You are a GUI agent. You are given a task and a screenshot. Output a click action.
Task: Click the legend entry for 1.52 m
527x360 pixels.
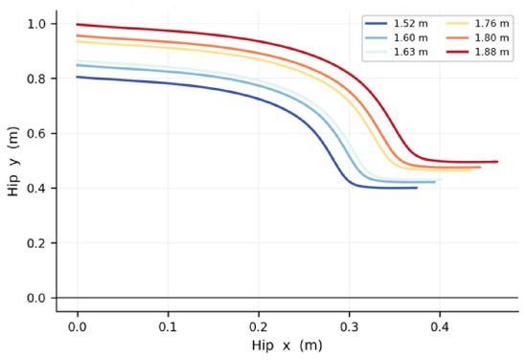pos(397,24)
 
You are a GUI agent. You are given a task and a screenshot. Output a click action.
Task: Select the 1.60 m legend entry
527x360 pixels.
pos(397,37)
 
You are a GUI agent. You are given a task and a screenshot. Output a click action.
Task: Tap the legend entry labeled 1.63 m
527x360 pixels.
pos(397,52)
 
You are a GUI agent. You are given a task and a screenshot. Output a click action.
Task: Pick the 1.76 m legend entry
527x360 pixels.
pos(477,24)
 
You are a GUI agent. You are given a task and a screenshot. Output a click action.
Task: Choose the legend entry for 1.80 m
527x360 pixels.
pos(477,37)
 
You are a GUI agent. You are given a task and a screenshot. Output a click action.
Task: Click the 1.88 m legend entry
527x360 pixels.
pos(477,52)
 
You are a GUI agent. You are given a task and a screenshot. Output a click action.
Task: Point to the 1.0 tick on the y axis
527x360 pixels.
pos(36,24)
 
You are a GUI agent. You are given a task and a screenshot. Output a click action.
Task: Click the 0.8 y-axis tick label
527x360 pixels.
pos(36,79)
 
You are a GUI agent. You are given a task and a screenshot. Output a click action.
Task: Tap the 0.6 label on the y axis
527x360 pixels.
pos(36,133)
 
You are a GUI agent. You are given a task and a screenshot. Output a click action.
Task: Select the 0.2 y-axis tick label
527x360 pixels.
pos(36,243)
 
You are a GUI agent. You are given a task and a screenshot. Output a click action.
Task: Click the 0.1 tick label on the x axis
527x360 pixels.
pos(168,326)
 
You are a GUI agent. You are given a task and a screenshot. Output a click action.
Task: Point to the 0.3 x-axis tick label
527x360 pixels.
pos(349,326)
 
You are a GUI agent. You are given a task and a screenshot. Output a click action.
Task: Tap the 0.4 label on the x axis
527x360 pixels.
pos(440,326)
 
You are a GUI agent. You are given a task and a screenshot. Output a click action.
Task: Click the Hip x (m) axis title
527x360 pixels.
pos(287,346)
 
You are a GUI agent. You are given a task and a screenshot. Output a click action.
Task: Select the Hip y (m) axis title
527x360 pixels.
pos(13,161)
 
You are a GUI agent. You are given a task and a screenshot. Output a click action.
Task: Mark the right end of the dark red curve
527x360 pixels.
pos(497,162)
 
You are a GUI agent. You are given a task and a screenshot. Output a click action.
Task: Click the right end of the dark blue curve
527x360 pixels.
pos(417,188)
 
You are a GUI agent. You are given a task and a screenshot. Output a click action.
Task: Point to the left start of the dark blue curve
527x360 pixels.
pos(78,77)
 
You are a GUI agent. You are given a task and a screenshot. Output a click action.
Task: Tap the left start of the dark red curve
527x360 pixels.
pos(78,24)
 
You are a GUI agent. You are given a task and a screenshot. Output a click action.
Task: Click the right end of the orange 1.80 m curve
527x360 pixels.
pos(480,167)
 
